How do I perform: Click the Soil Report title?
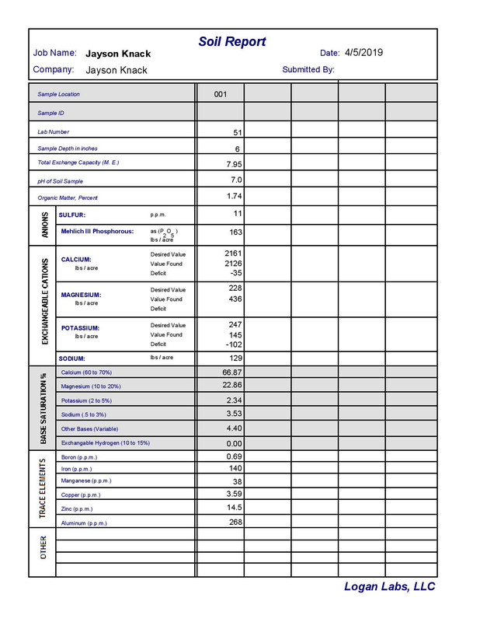pyautogui.click(x=232, y=41)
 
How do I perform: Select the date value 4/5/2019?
pyautogui.click(x=363, y=53)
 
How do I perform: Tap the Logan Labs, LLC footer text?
pyautogui.click(x=389, y=587)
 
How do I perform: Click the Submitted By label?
pyautogui.click(x=308, y=69)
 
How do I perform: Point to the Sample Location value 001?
pyautogui.click(x=221, y=94)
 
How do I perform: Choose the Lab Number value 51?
pyautogui.click(x=238, y=133)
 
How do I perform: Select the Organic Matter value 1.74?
pyautogui.click(x=233, y=197)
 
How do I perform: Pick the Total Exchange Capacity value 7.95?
pyautogui.click(x=233, y=164)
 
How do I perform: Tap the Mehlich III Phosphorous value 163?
pyautogui.click(x=235, y=232)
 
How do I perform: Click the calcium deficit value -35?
pyautogui.click(x=235, y=274)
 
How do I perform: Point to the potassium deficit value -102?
pyautogui.click(x=233, y=344)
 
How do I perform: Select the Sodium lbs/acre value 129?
pyautogui.click(x=235, y=358)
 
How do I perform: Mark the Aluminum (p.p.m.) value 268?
pyautogui.click(x=236, y=522)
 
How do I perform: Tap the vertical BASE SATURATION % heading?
pyautogui.click(x=43, y=407)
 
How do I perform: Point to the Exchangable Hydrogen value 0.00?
pyautogui.click(x=233, y=442)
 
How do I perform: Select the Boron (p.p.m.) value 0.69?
pyautogui.click(x=233, y=456)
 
